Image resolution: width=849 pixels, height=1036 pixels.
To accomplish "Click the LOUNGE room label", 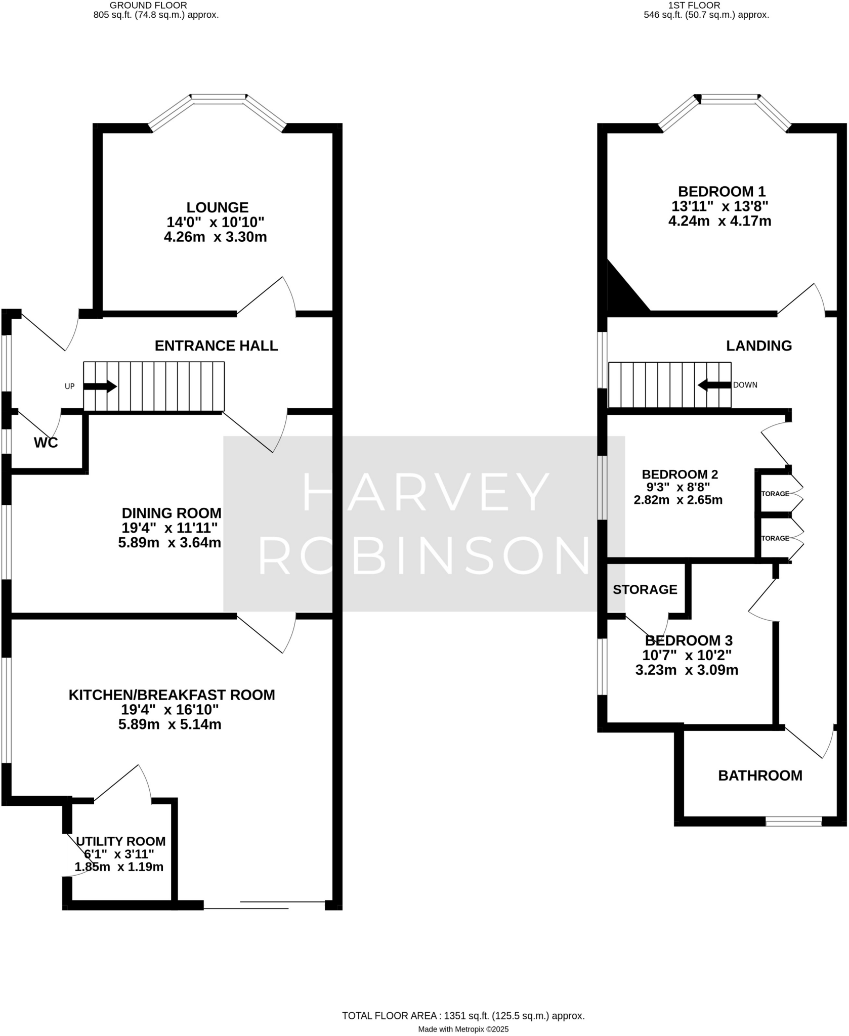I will point(217,207).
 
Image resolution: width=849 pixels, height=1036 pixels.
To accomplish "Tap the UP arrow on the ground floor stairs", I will point(100,386).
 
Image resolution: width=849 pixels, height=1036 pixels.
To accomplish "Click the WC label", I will point(46,443).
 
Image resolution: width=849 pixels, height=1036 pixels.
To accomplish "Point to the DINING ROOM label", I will point(171,513).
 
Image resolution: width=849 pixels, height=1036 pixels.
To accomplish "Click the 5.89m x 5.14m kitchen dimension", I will point(169,724).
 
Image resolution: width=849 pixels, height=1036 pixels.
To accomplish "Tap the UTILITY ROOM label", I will point(120,842).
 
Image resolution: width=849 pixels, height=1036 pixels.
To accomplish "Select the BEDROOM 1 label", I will point(721,192).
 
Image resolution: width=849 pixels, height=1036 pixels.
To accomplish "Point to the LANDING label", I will point(758,346).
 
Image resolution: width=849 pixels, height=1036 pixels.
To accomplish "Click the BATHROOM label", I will point(760,776).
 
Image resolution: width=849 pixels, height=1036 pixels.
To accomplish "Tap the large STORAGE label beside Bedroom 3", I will point(645,590).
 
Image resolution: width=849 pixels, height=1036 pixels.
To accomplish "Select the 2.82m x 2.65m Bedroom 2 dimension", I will point(677,500).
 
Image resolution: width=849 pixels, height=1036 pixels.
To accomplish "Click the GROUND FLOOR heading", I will point(148,6).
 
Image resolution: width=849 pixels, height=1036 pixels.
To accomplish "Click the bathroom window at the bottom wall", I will point(793,822).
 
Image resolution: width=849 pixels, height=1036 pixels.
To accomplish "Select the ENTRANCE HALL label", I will point(216,346).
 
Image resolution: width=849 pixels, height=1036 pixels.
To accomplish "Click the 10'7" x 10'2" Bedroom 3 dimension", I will point(687,656).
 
